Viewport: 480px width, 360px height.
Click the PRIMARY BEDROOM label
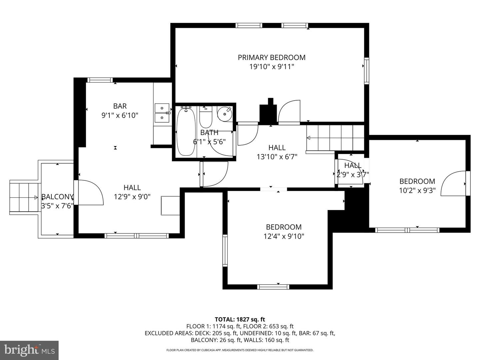[272, 57]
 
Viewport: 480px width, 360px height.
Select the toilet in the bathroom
[206, 117]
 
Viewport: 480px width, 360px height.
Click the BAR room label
[120, 106]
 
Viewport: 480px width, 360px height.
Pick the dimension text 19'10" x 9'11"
[272, 67]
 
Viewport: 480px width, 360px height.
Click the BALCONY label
[57, 197]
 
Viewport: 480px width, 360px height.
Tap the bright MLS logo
[29, 350]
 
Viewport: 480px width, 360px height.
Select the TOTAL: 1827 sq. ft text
[240, 319]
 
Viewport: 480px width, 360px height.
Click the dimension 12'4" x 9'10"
[284, 236]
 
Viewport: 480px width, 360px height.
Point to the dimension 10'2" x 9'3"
[417, 191]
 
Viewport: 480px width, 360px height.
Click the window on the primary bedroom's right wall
[367, 71]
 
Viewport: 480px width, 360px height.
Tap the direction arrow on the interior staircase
[308, 138]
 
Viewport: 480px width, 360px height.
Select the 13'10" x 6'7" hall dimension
[277, 157]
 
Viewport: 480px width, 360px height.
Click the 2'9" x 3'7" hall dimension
[353, 175]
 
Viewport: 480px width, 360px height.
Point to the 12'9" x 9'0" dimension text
[132, 197]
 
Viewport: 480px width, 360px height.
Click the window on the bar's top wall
[100, 80]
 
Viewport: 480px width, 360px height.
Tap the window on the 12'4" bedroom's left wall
[225, 250]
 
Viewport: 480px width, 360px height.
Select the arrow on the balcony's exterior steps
[36, 198]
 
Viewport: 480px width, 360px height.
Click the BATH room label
[209, 132]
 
